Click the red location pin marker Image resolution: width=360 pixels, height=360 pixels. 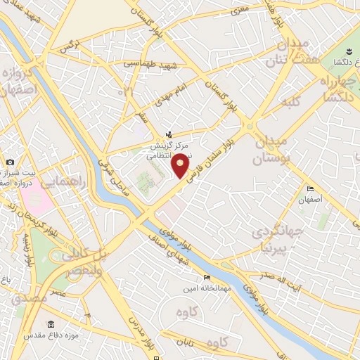click(181, 165)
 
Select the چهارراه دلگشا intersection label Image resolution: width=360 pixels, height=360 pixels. click(336, 89)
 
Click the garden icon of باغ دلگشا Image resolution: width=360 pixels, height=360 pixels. click(349, 51)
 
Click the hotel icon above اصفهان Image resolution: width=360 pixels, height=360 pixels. click(311, 188)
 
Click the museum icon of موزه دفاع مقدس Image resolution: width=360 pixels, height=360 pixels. click(51, 324)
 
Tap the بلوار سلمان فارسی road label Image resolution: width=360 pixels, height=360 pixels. click(215, 155)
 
